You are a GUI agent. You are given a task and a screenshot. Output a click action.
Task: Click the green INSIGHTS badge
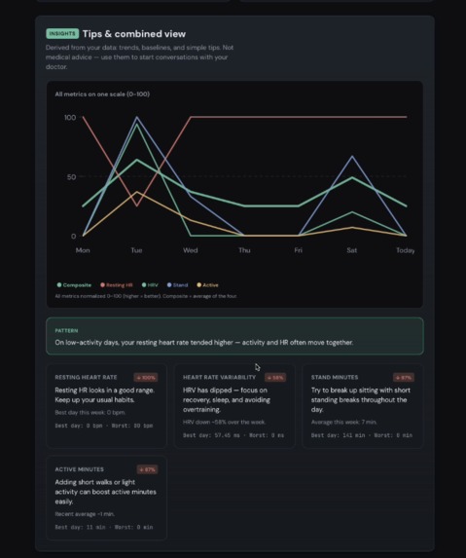[x=62, y=33]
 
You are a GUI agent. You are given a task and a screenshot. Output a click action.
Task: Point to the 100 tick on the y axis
[x=69, y=118]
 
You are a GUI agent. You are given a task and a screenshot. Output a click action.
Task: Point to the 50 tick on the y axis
[x=71, y=177]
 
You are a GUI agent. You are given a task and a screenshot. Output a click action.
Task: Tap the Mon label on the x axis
[x=83, y=250]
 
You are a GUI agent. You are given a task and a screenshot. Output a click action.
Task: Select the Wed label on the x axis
[x=191, y=250]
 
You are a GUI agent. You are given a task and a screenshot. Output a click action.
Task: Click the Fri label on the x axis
[x=299, y=250]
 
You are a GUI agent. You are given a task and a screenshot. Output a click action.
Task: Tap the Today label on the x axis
[x=405, y=250]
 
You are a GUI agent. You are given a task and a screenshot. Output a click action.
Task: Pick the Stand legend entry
[x=178, y=285]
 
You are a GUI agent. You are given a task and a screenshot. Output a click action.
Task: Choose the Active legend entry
[x=208, y=285]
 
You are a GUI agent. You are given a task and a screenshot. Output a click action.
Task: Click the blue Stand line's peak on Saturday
[x=352, y=156]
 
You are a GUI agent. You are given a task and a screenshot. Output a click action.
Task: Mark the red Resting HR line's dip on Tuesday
[x=136, y=205]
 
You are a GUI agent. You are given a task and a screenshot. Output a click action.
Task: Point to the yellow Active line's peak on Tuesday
[x=136, y=192]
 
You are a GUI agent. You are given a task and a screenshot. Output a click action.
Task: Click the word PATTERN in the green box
[x=66, y=330]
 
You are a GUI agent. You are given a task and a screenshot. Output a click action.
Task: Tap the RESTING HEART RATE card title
[x=86, y=377]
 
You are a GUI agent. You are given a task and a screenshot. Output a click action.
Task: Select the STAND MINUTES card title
[x=335, y=377]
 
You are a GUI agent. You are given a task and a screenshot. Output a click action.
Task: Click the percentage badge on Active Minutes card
[x=147, y=469]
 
